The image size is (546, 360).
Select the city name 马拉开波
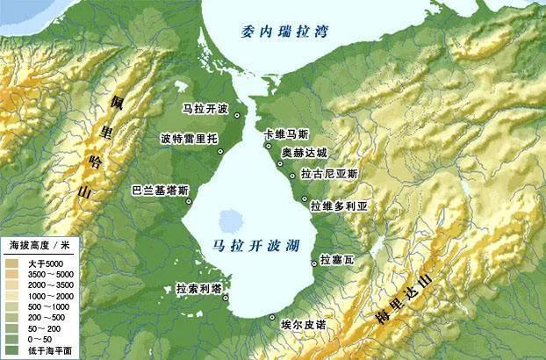tap(205, 109)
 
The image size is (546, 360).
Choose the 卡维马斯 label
tap(286, 134)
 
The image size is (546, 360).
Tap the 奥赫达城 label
tap(305, 152)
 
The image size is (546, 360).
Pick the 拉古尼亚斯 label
tap(329, 174)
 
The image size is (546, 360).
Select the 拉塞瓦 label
tap(338, 259)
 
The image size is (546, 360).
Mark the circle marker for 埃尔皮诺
tap(272, 316)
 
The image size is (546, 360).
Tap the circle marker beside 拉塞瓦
tap(314, 263)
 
